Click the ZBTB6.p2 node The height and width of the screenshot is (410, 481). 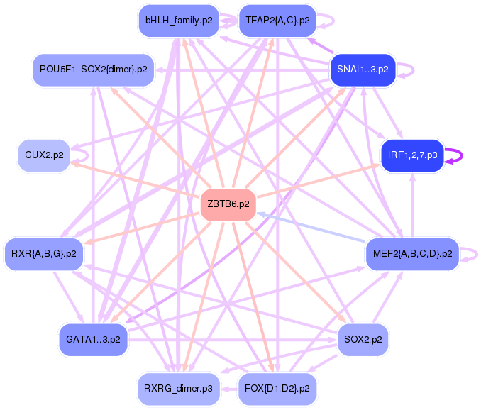point(228,204)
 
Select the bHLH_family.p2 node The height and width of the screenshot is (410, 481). point(179,21)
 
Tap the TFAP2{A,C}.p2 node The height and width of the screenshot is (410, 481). point(277,21)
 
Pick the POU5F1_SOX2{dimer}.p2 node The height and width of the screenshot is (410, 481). point(94,70)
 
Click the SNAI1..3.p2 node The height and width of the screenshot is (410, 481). point(363,70)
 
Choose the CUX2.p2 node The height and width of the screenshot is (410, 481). point(44,155)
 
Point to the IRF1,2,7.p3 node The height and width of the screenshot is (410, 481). point(412,155)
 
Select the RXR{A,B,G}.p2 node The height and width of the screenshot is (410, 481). point(44,253)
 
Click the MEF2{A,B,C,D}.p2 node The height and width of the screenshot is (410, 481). point(412,253)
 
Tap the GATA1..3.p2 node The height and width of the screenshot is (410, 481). point(93,339)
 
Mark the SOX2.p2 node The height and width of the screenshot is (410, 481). point(363,339)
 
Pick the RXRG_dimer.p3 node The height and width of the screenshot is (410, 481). point(179,388)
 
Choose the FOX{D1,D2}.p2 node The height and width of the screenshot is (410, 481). point(277,388)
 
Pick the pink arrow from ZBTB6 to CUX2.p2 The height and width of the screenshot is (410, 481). point(135,179)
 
